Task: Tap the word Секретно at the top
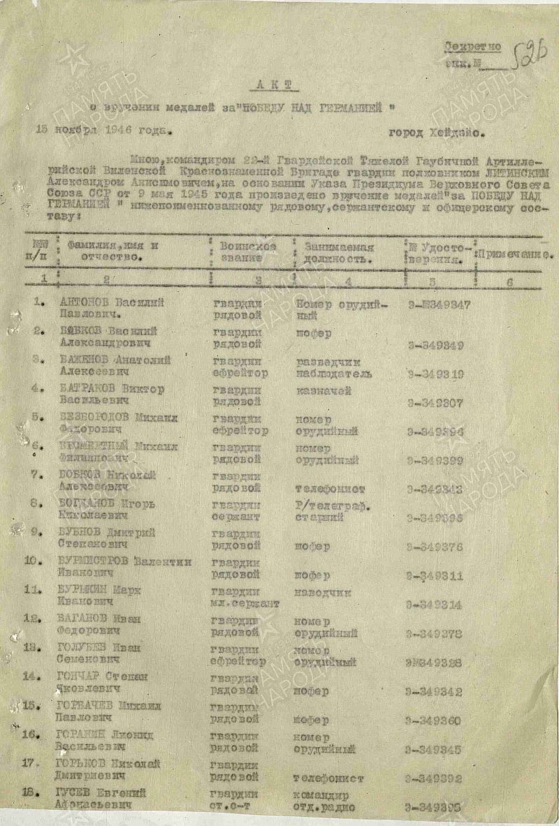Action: [473, 47]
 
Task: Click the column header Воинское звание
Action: [247, 252]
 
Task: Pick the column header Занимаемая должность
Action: [338, 252]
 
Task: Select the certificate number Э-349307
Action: [437, 403]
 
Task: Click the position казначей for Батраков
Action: [324, 391]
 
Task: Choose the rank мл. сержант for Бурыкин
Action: [245, 603]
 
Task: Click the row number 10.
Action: [35, 561]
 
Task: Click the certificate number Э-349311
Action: [437, 577]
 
